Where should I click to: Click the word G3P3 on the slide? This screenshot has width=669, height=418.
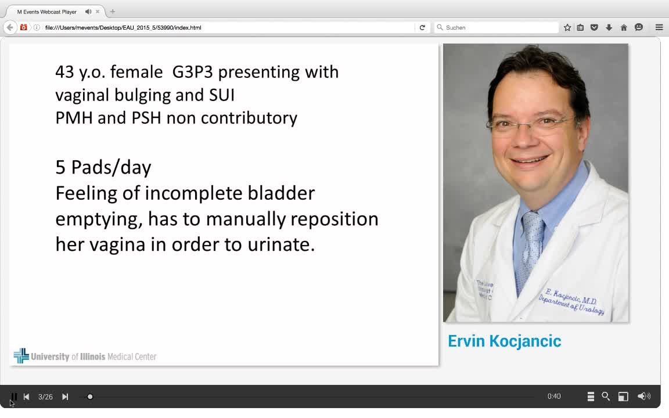(x=192, y=72)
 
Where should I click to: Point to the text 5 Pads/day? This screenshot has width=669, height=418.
(x=103, y=167)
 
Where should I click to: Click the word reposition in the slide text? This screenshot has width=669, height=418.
(x=334, y=219)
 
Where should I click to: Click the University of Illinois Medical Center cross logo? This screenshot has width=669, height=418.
(x=21, y=356)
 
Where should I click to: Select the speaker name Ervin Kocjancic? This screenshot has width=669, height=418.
(x=504, y=341)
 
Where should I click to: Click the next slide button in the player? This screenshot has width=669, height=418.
(x=65, y=397)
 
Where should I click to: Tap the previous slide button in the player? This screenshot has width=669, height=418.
(x=26, y=397)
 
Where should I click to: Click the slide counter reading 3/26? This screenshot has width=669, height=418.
(x=45, y=397)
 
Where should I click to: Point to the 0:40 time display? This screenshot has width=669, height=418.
(x=554, y=397)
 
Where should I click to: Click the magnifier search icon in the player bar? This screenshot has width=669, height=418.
(x=606, y=397)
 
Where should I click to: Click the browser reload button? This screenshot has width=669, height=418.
(x=422, y=27)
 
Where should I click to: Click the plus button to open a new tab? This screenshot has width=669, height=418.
(x=113, y=12)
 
